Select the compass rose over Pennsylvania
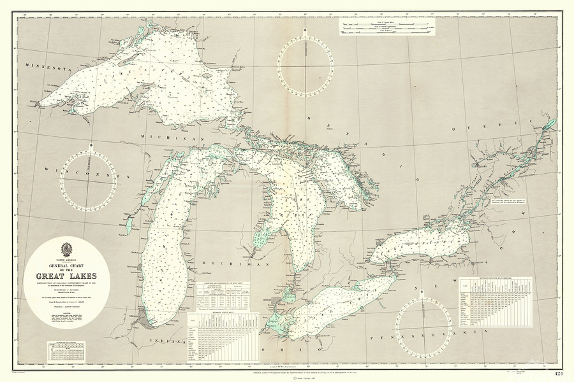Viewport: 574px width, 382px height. (423, 329)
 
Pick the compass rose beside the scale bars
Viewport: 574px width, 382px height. (305, 65)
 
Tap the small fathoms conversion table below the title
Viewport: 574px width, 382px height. (66, 350)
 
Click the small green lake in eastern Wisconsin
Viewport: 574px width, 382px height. (128, 225)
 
